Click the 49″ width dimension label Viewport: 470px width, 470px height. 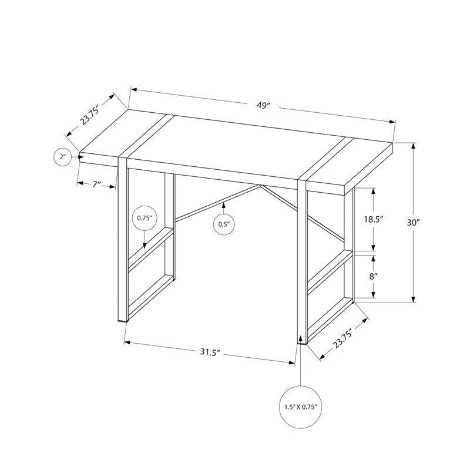point(263,106)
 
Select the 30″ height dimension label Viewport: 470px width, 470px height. point(414,223)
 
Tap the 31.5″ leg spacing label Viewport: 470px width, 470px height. point(210,352)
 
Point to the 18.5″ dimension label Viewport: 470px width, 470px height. point(374,219)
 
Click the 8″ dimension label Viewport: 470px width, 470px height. point(373,276)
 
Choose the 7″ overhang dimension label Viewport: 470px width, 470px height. point(96,184)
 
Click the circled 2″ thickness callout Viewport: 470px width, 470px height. point(62,157)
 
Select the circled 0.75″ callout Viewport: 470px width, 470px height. point(145,218)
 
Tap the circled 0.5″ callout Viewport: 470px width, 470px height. point(224,224)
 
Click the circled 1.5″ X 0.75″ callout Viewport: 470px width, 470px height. point(301,407)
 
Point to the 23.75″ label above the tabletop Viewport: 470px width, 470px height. point(89,115)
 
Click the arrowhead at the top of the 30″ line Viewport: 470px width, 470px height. point(414,146)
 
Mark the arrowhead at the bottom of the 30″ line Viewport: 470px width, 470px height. point(414,300)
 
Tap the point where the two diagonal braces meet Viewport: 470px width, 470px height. point(260,186)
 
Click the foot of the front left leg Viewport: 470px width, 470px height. point(123,320)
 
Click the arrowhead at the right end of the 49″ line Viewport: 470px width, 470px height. point(392,122)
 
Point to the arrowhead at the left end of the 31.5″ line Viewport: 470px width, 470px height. point(127,342)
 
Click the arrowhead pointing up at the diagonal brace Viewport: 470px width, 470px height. point(224,205)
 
